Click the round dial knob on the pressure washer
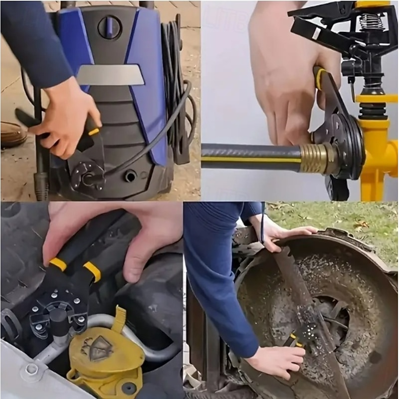click(x=109, y=27)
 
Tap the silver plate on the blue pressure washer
click(x=111, y=75)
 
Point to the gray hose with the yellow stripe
click(x=249, y=157)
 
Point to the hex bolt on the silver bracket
click(x=31, y=369)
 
